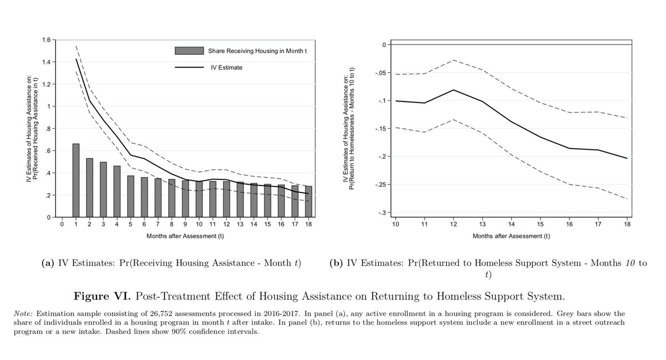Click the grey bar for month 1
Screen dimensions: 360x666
tap(76, 180)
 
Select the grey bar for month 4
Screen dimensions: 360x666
tap(117, 191)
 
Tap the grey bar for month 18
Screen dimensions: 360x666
tap(309, 201)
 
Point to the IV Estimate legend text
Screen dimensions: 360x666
tap(225, 68)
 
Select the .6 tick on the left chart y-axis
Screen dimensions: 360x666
tap(48, 151)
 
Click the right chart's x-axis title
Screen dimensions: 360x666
tap(511, 236)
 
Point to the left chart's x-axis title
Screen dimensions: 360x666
tap(185, 236)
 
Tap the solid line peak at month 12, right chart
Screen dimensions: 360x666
tap(453, 90)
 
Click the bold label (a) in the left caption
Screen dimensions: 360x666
tap(48, 263)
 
